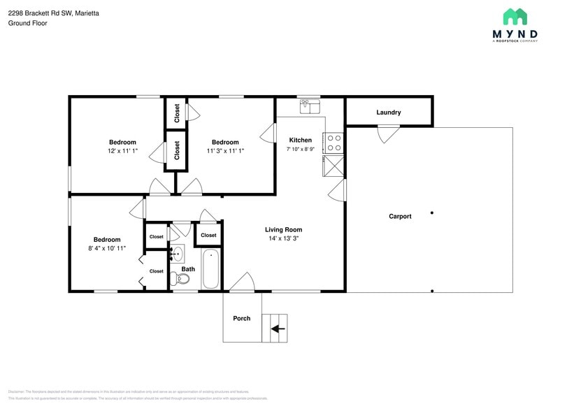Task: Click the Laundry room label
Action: pos(388,113)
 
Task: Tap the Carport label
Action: pos(400,217)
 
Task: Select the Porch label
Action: pos(242,319)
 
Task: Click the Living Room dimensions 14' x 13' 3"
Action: pos(283,238)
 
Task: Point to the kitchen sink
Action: pos(310,106)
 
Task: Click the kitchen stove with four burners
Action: pos(334,143)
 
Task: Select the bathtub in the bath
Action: pos(210,271)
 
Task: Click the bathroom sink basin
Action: pos(178,253)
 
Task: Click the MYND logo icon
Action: pos(515,17)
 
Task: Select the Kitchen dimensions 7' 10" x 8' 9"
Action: pos(300,149)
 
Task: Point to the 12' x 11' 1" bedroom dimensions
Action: pos(122,151)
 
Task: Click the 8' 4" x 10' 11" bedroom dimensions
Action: pos(107,248)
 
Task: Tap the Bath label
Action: pos(188,269)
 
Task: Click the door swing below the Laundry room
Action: pos(389,134)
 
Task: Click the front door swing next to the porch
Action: pos(243,282)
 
